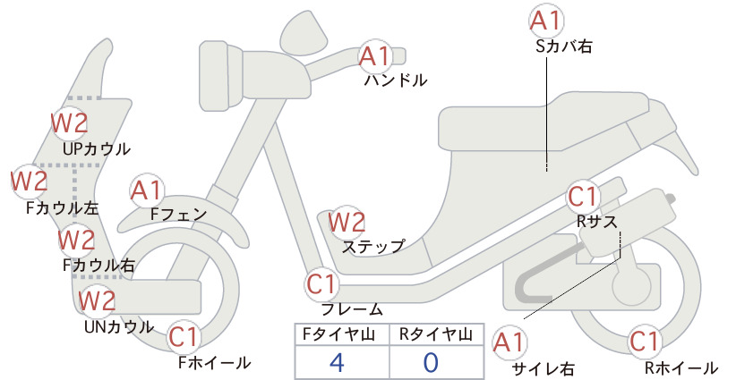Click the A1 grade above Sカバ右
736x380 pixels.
(546, 21)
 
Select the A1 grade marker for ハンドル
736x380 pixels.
(374, 56)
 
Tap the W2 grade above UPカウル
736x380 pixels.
(70, 123)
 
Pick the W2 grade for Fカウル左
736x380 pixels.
(30, 182)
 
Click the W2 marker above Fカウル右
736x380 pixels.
(76, 240)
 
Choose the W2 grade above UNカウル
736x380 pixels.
(97, 300)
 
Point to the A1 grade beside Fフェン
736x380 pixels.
(146, 191)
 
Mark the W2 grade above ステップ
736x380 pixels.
(347, 222)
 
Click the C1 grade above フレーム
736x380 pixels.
(322, 284)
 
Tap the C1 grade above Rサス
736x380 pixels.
(583, 197)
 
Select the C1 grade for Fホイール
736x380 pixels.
(184, 337)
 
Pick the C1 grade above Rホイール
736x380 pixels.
(645, 342)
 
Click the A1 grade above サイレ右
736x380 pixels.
(509, 343)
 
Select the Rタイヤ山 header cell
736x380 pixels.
(436, 334)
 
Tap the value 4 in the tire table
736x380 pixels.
(337, 362)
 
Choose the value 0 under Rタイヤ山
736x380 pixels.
(431, 362)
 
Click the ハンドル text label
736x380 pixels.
(396, 80)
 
